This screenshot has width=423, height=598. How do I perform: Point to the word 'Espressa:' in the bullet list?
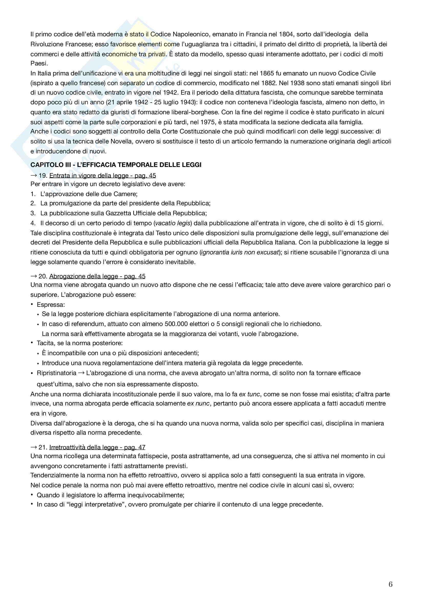[51, 305]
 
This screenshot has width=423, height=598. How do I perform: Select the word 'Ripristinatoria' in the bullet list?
[57, 373]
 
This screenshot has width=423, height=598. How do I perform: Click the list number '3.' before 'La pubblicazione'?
[33, 213]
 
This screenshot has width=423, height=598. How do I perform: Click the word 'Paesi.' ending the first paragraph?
[39, 63]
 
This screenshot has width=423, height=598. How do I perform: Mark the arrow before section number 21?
[34, 447]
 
